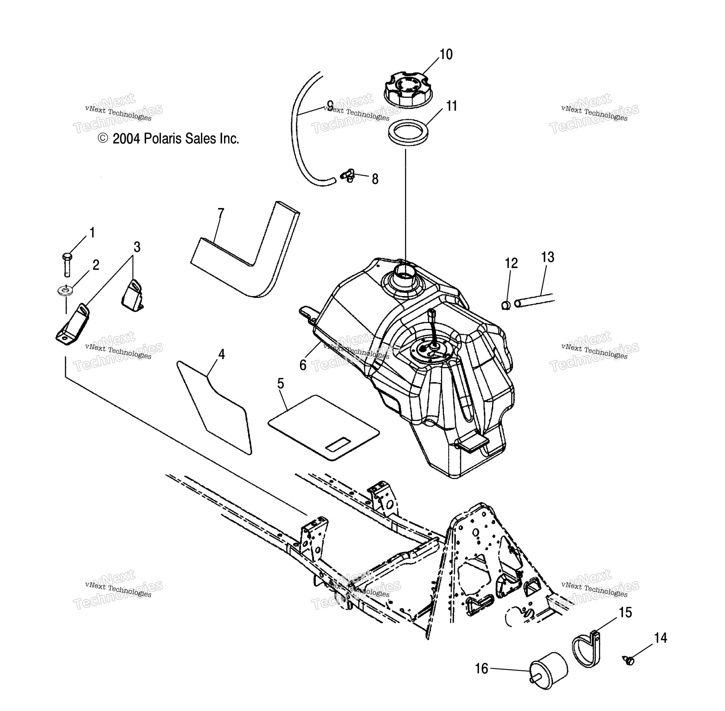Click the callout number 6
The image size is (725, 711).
click(303, 365)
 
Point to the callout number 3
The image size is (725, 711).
click(137, 247)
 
